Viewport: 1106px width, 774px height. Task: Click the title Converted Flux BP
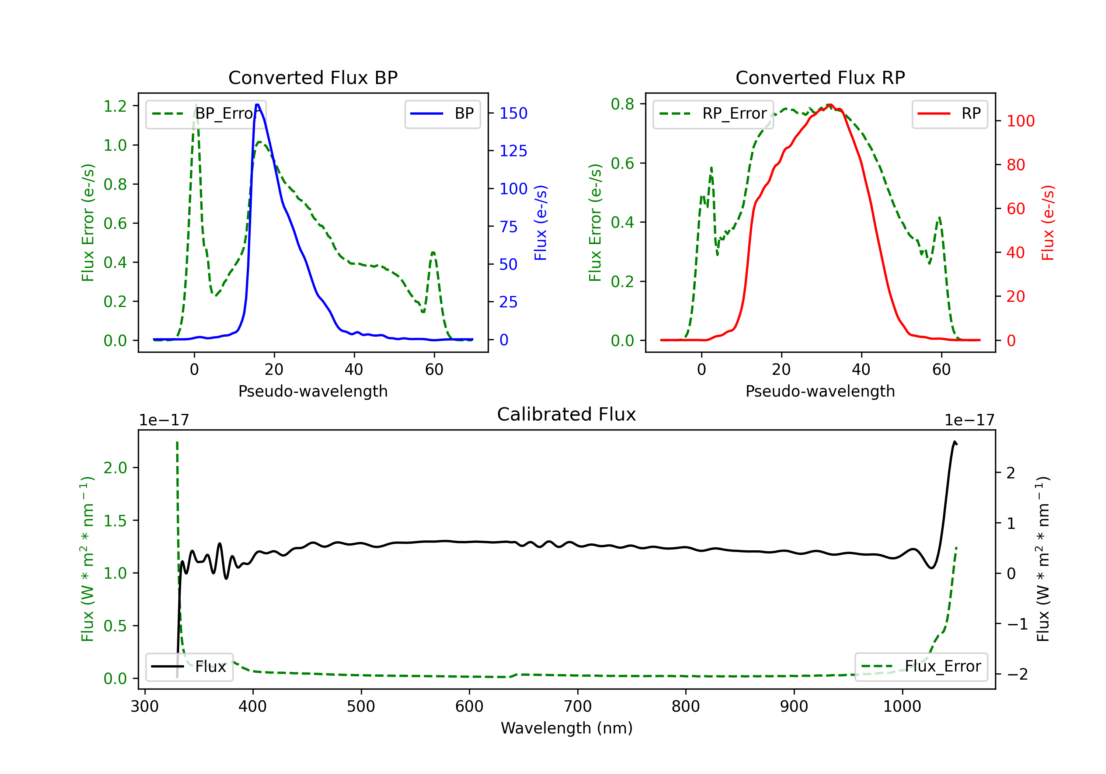tap(313, 77)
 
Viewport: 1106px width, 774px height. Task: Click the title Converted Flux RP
tap(820, 77)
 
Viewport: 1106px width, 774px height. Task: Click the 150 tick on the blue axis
tap(513, 113)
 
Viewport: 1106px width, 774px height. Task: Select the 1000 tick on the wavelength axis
tap(902, 707)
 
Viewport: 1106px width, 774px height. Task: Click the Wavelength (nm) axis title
tap(567, 728)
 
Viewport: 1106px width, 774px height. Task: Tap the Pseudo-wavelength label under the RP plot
tap(820, 391)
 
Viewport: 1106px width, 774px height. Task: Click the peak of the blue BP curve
tap(257, 105)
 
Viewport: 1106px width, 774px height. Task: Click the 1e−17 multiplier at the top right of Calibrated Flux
tap(969, 420)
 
